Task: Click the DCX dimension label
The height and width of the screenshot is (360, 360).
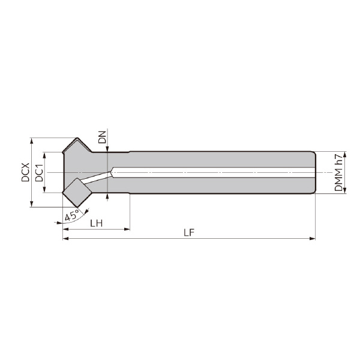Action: pyautogui.click(x=25, y=172)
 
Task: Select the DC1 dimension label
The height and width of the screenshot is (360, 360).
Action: pyautogui.click(x=39, y=173)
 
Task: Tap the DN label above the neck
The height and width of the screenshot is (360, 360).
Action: pyautogui.click(x=103, y=137)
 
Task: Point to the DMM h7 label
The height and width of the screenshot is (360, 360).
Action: pyautogui.click(x=338, y=172)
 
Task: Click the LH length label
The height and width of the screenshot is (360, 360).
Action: pyautogui.click(x=96, y=223)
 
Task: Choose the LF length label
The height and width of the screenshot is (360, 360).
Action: pyautogui.click(x=189, y=233)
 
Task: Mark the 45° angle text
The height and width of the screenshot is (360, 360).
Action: pyautogui.click(x=72, y=216)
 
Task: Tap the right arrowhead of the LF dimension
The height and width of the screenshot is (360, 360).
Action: pyautogui.click(x=313, y=239)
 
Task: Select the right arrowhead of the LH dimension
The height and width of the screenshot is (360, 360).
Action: pyautogui.click(x=127, y=229)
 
